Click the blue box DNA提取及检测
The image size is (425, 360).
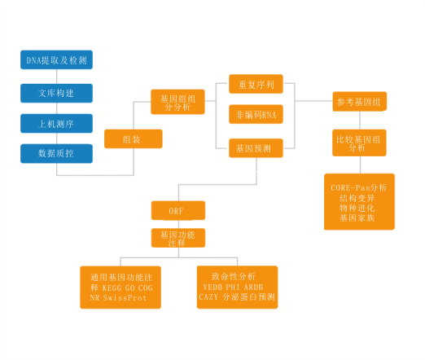click(56, 59)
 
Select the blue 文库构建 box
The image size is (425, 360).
click(56, 93)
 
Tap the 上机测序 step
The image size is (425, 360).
click(56, 124)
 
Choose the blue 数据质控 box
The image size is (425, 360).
click(56, 153)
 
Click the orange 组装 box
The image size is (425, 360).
click(134, 138)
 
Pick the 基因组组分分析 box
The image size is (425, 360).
click(177, 102)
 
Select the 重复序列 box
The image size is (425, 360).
click(256, 84)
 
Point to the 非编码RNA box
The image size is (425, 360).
click(256, 114)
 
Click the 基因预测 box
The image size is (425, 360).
click(256, 148)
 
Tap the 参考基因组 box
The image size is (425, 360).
click(360, 102)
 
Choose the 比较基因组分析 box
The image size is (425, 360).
click(359, 143)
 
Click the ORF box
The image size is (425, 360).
click(178, 210)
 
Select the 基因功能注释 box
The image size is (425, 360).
click(178, 238)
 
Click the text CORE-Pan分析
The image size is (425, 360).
click(359, 187)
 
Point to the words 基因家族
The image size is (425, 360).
click(357, 217)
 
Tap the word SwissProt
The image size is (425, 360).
click(125, 298)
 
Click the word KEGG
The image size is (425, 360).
click(112, 288)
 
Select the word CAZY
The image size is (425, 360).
click(208, 296)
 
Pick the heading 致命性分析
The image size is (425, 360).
click(234, 276)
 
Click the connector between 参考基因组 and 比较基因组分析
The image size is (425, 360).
click(360, 121)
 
